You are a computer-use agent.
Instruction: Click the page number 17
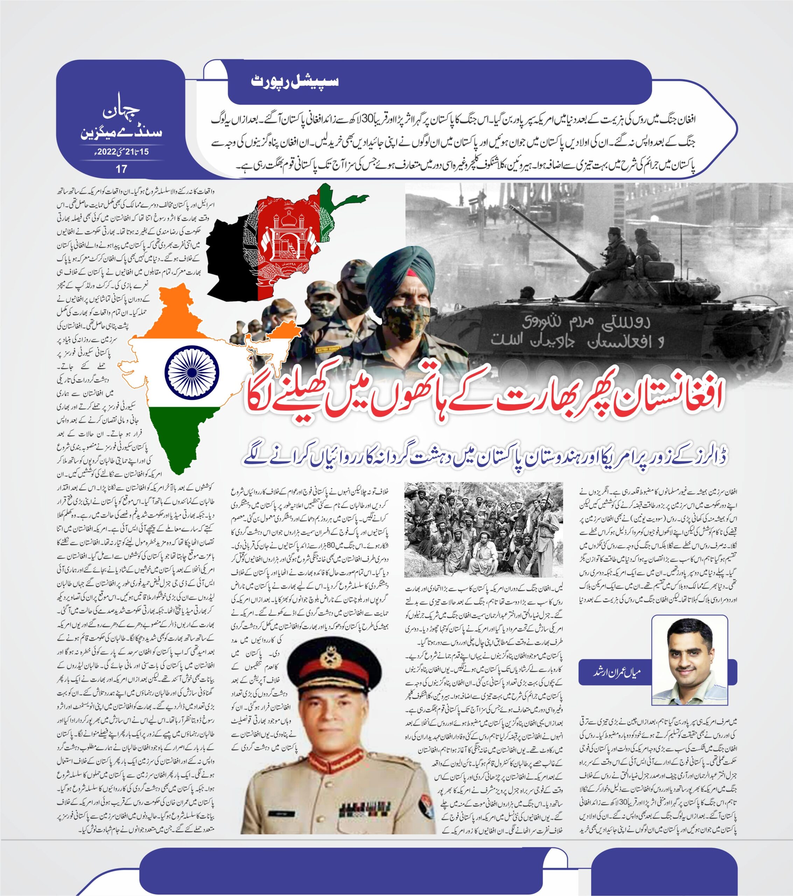(121, 168)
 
